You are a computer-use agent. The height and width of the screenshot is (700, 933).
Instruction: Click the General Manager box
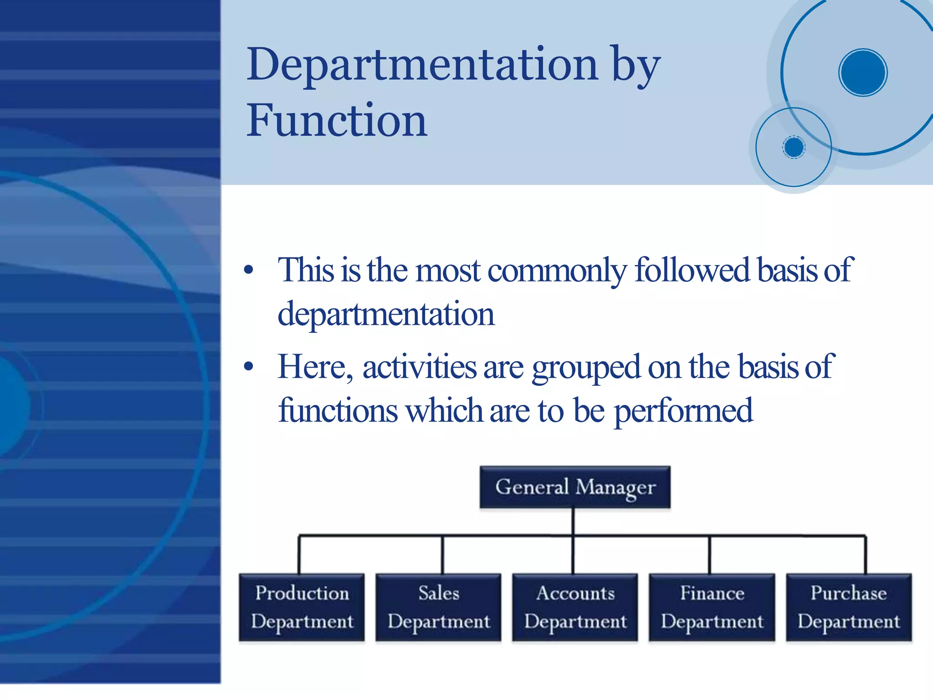click(575, 487)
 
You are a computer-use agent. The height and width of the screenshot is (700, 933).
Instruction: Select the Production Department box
click(302, 607)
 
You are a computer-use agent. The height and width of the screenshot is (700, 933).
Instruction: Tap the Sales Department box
click(438, 607)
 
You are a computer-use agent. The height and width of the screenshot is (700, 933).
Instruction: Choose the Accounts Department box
click(575, 607)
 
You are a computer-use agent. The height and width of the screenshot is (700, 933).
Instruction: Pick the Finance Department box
click(712, 607)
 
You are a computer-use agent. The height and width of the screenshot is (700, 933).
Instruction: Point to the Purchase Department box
click(848, 607)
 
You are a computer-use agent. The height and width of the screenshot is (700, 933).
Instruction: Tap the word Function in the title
click(337, 121)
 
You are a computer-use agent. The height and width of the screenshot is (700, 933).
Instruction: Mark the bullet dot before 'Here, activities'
click(248, 366)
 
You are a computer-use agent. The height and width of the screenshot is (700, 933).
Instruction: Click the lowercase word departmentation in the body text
click(386, 315)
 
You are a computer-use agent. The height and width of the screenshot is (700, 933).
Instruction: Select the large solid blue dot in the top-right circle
click(862, 73)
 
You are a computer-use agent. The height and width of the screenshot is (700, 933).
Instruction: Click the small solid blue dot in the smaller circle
click(794, 147)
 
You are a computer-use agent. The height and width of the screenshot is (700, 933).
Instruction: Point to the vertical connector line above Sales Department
click(442, 555)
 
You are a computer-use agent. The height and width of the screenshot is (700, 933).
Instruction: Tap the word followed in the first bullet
click(692, 270)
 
